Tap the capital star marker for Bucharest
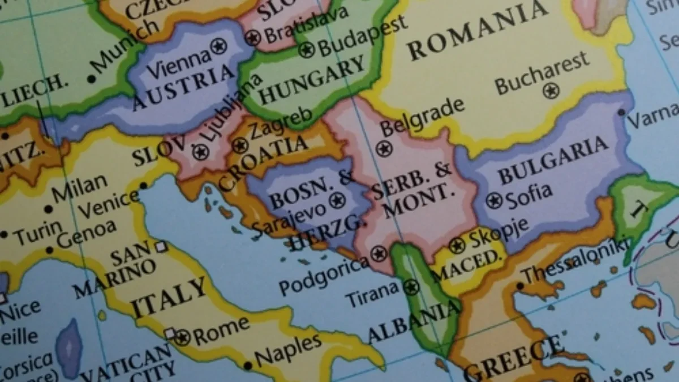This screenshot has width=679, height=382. click(551, 91)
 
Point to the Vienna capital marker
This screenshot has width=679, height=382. click(218, 46)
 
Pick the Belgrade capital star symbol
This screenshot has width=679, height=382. click(384, 149)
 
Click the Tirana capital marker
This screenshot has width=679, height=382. click(411, 287)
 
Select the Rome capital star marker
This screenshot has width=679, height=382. click(182, 338)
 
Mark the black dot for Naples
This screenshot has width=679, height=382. click(247, 366)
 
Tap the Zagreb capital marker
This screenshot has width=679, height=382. click(239, 145)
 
